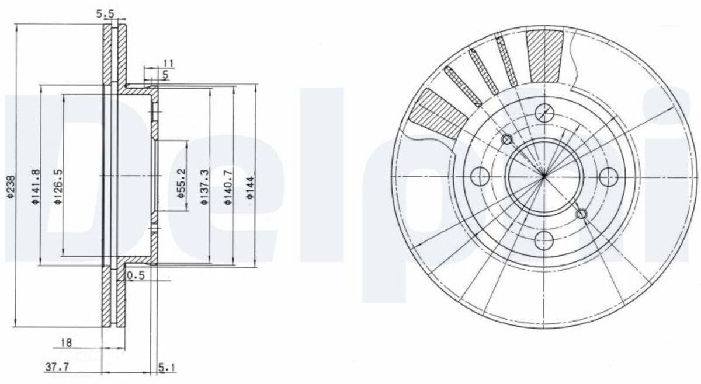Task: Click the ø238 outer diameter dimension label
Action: point(11,187)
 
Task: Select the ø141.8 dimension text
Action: point(36,187)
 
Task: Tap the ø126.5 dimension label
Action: point(58,187)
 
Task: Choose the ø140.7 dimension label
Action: point(228,187)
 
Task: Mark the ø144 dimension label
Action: point(251,187)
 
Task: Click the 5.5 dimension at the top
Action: point(105,14)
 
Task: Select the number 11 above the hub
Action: point(168,63)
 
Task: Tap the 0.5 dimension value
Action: point(136,275)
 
